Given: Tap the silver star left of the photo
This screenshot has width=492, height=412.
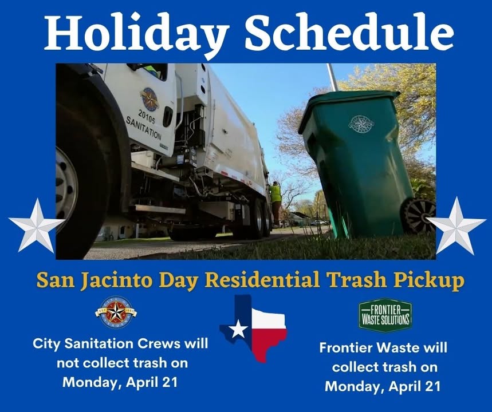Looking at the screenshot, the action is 37,225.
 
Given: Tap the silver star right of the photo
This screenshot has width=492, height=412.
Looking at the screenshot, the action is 456,225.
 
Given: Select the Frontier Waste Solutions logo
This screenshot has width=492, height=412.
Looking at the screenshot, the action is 385,315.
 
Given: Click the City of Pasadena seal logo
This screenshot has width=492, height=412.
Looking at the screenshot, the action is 116,312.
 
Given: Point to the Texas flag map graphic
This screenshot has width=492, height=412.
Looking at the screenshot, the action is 253,328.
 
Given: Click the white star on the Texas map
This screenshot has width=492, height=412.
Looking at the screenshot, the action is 238,330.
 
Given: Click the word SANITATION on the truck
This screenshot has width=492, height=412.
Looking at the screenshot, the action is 144,128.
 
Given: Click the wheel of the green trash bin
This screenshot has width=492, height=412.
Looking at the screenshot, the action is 419,215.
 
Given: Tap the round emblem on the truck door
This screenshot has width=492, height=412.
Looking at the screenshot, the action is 149,100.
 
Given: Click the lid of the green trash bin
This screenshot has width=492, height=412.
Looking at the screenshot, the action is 348,108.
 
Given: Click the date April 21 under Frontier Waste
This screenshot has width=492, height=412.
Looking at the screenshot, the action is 415,386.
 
